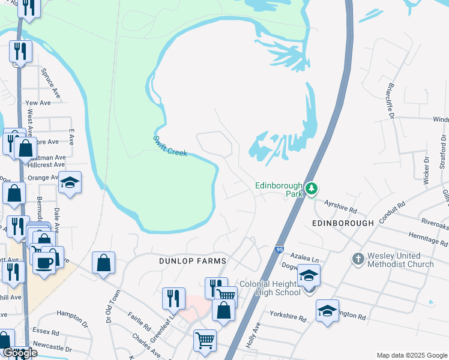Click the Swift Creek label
coord(170,146)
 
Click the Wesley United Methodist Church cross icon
coord(358,259)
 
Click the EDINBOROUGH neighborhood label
coord(343,223)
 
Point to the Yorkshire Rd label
coord(288,316)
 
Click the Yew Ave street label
coord(38,103)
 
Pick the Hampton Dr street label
coord(72,313)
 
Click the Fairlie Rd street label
coord(139,320)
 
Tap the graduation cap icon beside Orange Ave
coord(70,183)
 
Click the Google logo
coord(20,353)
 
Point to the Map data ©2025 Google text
coord(411,355)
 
